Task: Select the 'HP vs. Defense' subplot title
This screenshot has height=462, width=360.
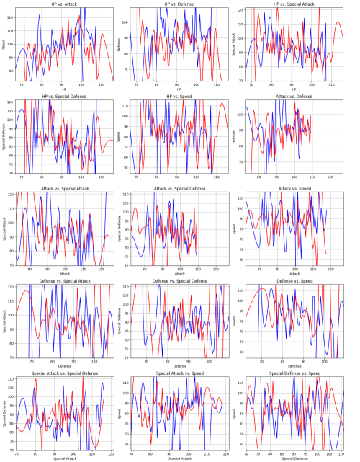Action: (x=181, y=4)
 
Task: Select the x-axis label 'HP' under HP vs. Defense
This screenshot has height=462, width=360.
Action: (x=181, y=90)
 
